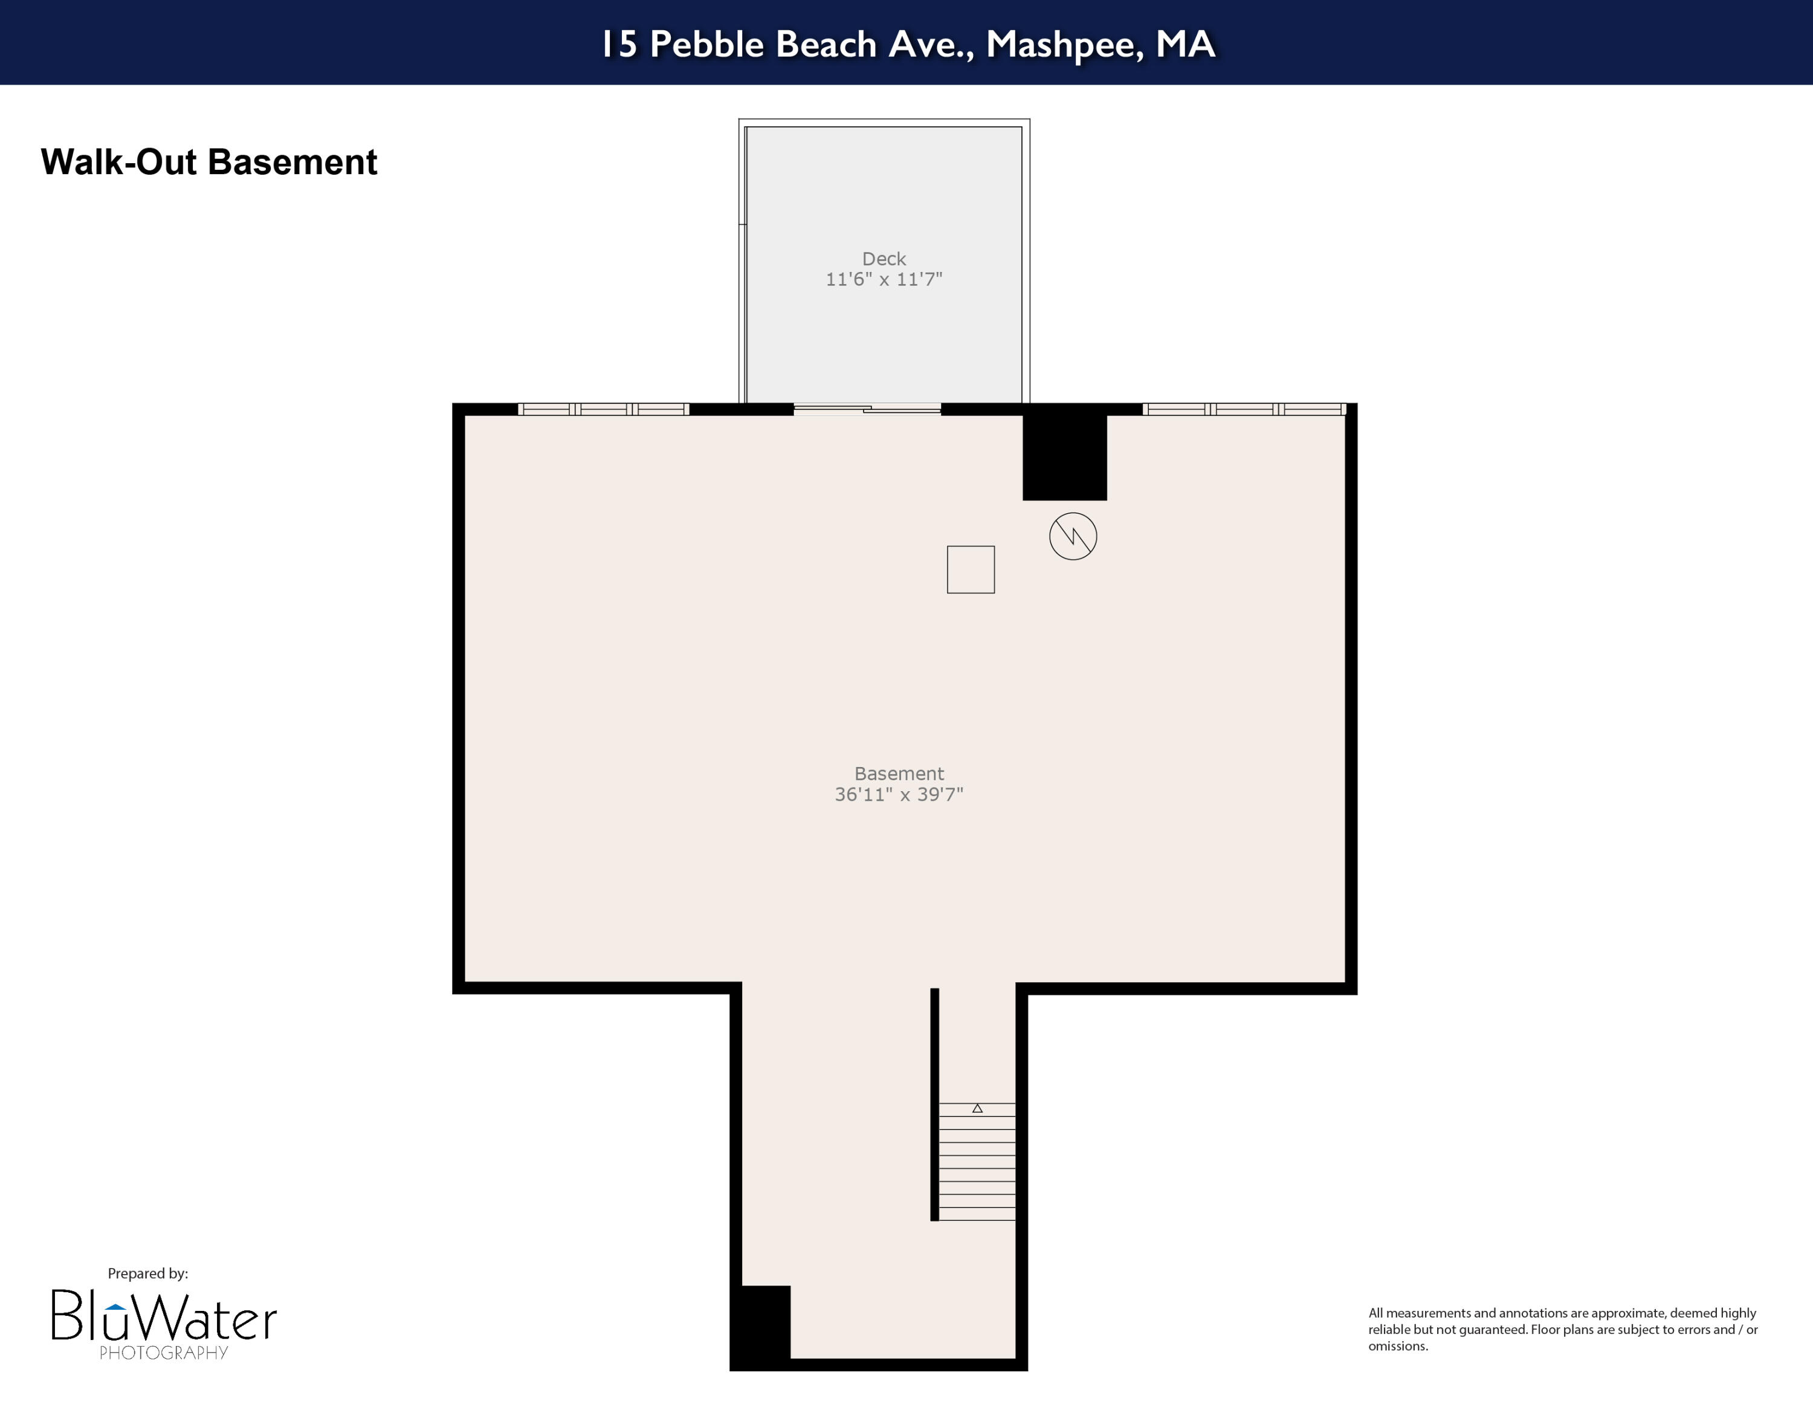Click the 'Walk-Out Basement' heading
tap(208, 162)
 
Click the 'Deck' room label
tap(884, 259)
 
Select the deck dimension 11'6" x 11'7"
tap(884, 280)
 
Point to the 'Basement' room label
tap(899, 774)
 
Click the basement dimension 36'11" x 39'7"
tap(899, 794)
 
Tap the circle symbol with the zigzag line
tap(1073, 536)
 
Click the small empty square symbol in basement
tap(971, 569)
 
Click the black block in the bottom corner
tap(760, 1325)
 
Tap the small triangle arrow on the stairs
tap(977, 1108)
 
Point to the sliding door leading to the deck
tap(867, 409)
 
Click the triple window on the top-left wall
tap(604, 409)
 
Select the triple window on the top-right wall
tap(1244, 409)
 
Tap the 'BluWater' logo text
tap(164, 1316)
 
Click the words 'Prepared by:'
tap(148, 1273)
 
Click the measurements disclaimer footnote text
tap(1562, 1330)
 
